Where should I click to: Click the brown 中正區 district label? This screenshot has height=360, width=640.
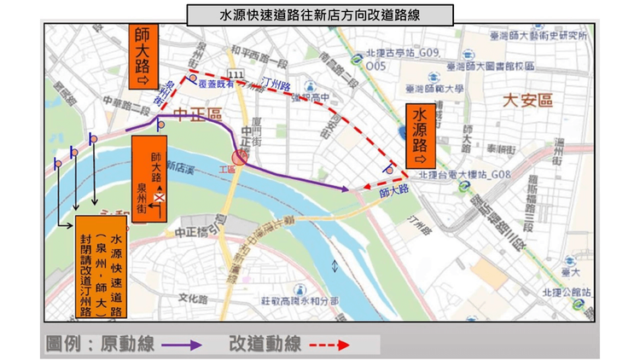click(x=196, y=114)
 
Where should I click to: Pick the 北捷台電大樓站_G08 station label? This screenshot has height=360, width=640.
click(x=464, y=175)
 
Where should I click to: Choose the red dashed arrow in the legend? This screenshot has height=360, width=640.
click(x=329, y=345)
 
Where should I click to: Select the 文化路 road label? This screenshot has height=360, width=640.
click(x=194, y=299)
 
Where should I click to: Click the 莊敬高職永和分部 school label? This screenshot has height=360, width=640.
click(x=299, y=300)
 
